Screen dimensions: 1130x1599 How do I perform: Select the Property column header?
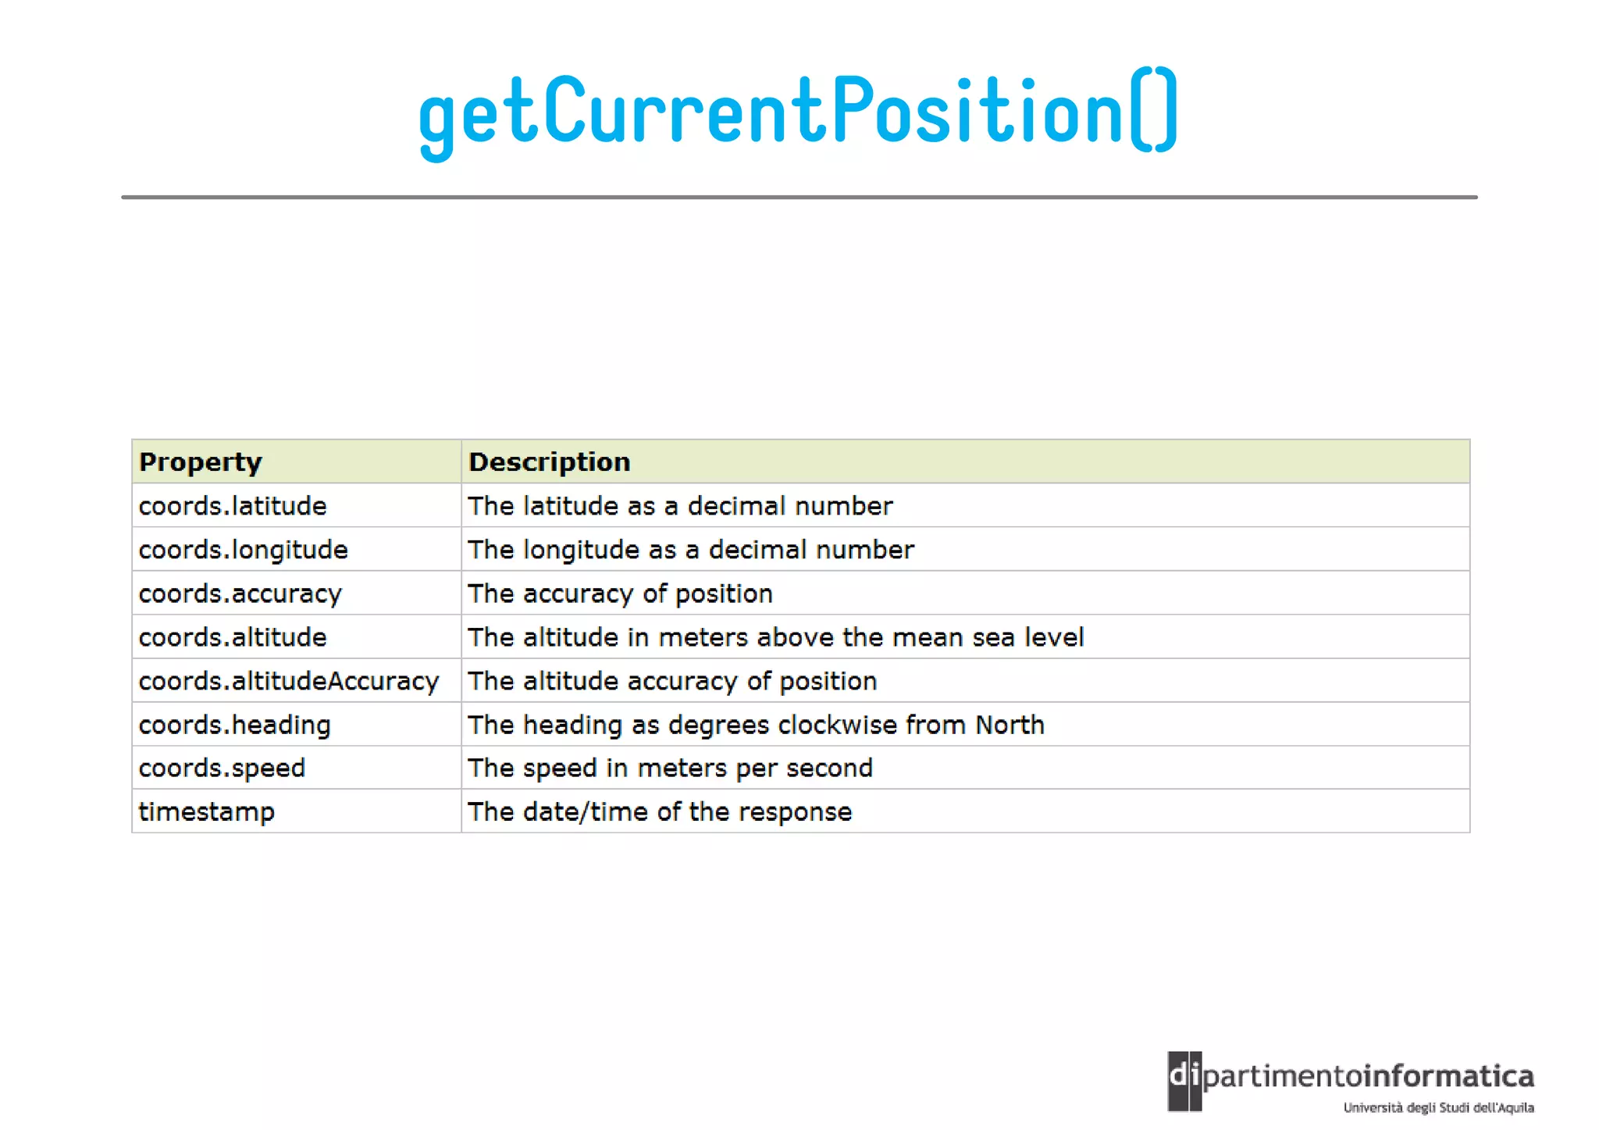coord(200,462)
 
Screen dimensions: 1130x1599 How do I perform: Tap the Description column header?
coord(549,462)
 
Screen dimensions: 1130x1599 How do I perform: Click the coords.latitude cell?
coord(233,506)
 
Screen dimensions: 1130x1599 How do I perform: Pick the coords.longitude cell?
coord(243,550)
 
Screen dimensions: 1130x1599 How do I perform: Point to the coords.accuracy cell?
coord(240,594)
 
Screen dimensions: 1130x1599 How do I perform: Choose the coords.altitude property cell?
coord(233,637)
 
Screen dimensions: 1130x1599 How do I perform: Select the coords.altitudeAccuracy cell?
coord(289,681)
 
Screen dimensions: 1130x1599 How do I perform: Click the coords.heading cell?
coord(234,725)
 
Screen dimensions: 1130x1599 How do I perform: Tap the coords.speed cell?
coord(222,768)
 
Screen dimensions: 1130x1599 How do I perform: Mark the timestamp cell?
coord(206,812)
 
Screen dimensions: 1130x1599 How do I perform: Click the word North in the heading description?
coord(1010,725)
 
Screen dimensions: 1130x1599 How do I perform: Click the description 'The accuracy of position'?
coord(620,594)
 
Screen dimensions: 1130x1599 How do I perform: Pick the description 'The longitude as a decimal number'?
coord(690,550)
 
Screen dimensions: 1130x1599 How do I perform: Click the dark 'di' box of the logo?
coord(1184,1081)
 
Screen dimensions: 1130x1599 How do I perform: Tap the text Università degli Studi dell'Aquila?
coord(1438,1107)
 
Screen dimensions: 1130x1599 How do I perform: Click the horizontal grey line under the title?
coord(799,198)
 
